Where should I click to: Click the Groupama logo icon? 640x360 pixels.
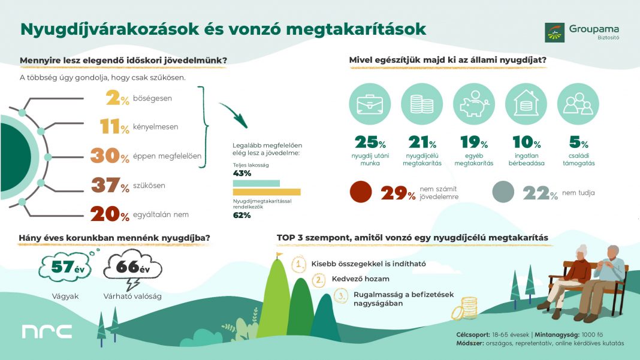tap(554, 32)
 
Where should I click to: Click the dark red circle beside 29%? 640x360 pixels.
tap(361, 193)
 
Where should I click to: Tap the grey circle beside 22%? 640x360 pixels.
tap(504, 193)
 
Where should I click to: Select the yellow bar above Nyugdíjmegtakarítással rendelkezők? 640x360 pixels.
tap(267, 192)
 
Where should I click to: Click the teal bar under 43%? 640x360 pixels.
tap(256, 183)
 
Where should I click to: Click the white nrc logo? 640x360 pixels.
tap(47, 331)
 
